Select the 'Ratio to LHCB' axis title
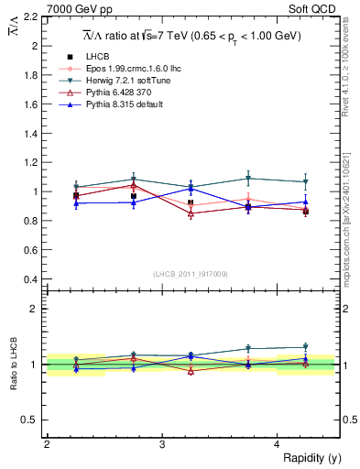[12, 365]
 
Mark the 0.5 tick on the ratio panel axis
[30, 420]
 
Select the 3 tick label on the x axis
[162, 444]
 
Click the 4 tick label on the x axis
[278, 444]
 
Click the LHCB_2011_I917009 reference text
[190, 273]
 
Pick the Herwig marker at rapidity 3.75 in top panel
[248, 179]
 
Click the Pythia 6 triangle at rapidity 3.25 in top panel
[191, 213]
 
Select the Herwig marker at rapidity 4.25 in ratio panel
[306, 347]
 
